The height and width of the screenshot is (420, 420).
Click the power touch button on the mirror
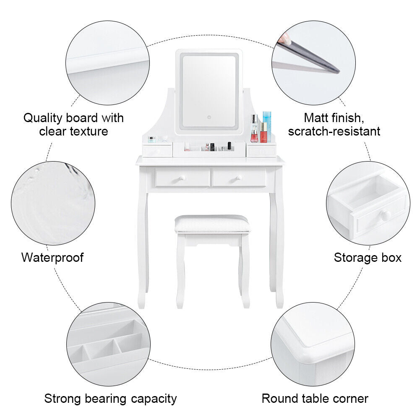point(209,117)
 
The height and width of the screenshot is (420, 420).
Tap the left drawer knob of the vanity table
point(183,178)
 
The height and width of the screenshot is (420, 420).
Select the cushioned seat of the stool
point(212,224)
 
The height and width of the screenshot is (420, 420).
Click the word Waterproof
point(52,257)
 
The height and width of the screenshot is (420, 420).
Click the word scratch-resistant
point(334,131)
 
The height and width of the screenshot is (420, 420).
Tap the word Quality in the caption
point(43,118)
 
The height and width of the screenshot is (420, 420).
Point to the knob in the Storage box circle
point(385,215)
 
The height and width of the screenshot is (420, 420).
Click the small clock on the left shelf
point(151,139)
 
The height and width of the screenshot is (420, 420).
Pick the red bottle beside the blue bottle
point(263,132)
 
